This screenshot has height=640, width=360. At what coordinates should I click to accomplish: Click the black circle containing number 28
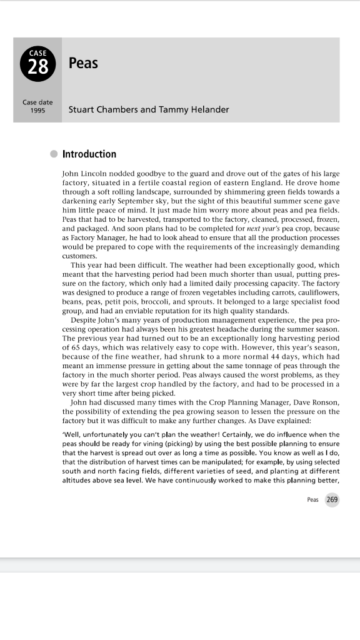pos(37,64)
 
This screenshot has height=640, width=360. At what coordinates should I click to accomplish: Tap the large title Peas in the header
pos(83,63)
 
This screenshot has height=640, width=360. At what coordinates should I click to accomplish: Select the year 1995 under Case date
pos(37,111)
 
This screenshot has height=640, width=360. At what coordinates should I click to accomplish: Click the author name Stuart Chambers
pos(103,109)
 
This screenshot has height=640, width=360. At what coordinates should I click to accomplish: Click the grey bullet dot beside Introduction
pos(54,154)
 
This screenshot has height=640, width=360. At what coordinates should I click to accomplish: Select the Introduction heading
pos(89,154)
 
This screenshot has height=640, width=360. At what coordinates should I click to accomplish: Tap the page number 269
pos(332,499)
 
